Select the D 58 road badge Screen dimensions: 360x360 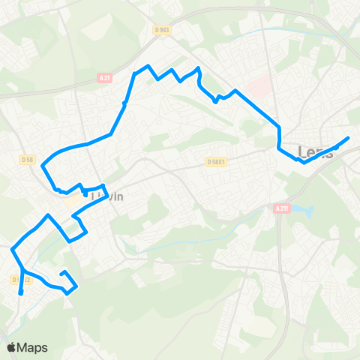click(28, 159)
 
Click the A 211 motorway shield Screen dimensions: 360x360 click(281, 208)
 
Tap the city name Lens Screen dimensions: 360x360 click(315, 152)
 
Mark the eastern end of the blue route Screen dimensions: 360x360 click(349, 138)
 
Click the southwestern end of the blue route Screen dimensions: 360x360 click(21, 294)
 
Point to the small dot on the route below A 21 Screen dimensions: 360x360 click(124, 103)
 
